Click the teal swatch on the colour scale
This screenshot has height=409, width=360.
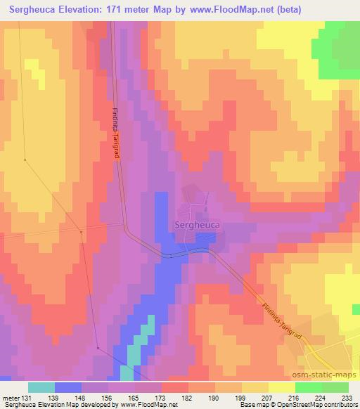[41, 387]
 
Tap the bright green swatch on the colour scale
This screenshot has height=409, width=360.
[309, 387]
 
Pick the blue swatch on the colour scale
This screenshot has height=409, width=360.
[68, 387]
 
